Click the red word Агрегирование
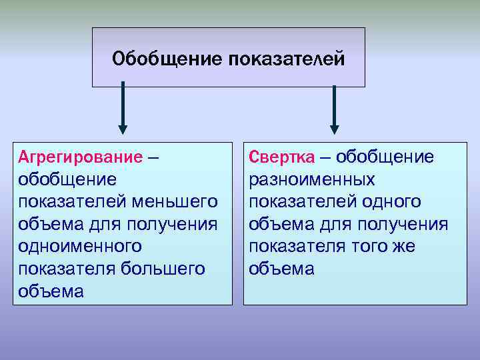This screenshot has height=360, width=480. point(80,157)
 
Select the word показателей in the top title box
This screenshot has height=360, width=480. point(286,59)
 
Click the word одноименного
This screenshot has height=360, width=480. point(80,246)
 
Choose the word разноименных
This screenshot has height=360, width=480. point(311,179)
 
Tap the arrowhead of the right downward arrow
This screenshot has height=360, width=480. point(334,129)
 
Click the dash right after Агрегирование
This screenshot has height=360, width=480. point(153,158)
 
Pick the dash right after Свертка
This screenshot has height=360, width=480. point(323,158)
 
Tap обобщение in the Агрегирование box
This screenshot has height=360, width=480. point(67,179)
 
